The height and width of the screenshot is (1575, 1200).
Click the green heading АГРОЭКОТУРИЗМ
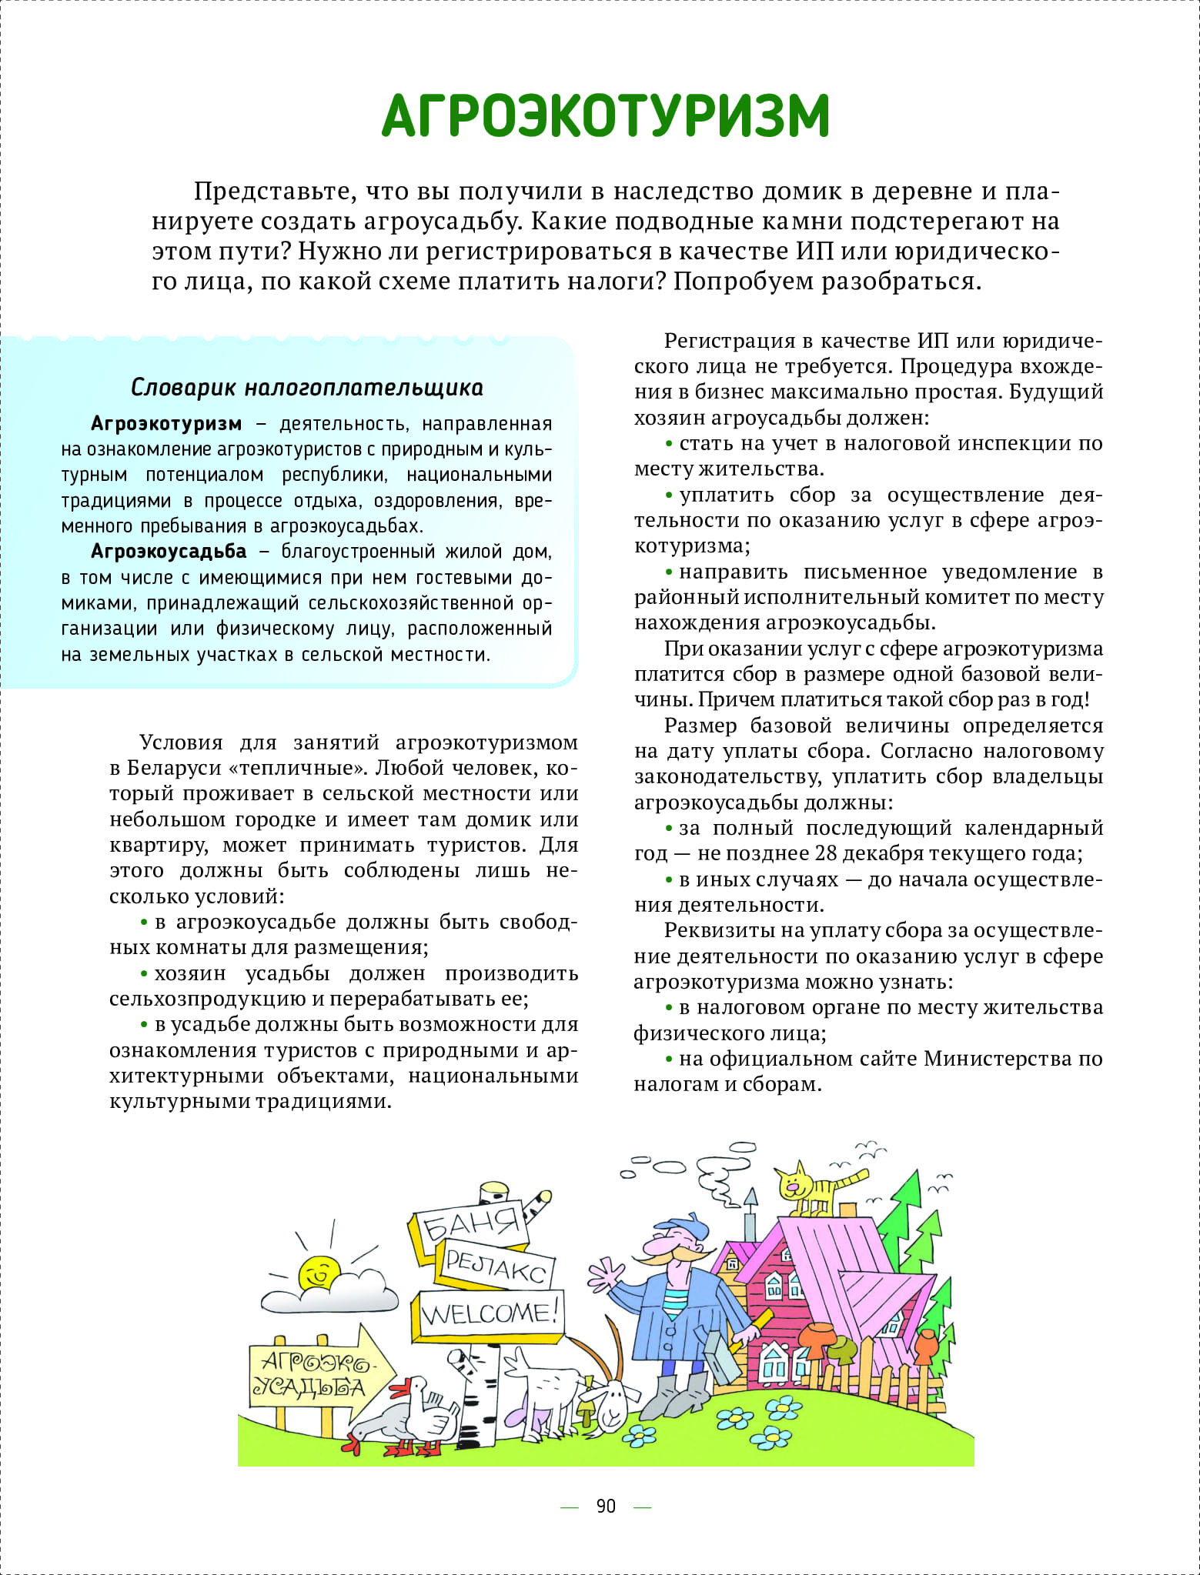point(606,116)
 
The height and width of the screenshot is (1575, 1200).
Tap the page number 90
point(606,1506)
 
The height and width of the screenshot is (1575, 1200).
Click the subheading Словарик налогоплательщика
point(306,387)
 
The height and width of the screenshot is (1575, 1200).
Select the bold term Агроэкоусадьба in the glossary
point(169,552)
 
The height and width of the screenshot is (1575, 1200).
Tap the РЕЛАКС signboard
point(495,1266)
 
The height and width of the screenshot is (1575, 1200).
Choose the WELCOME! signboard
point(490,1313)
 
